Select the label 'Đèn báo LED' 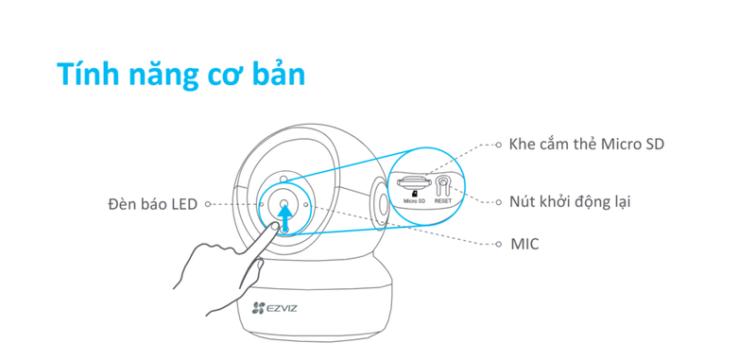[x=151, y=204]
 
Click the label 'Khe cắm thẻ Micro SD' [x=586, y=145]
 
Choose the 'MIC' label [x=524, y=244]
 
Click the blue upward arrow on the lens [x=284, y=210]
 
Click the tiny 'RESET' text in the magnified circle [x=443, y=201]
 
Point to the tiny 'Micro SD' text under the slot [x=415, y=201]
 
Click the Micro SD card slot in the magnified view [x=414, y=180]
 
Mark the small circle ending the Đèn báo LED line [x=207, y=204]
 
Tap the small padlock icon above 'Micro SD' [x=415, y=192]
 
